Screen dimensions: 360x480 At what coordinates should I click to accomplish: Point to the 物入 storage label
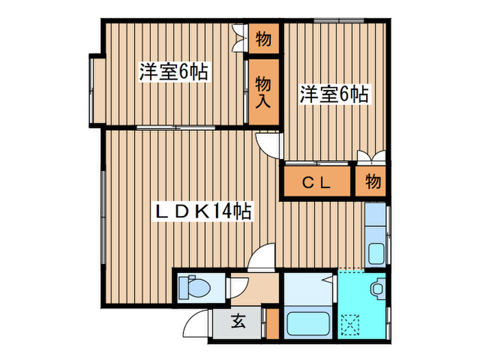coord(264,92)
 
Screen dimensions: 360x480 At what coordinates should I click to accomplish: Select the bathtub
coord(308,324)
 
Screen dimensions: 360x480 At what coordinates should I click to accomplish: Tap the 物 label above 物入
coord(263,39)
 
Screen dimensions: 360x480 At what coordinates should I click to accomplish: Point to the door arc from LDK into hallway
coord(261,261)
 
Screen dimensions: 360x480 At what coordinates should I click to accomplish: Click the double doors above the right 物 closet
coord(371,157)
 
